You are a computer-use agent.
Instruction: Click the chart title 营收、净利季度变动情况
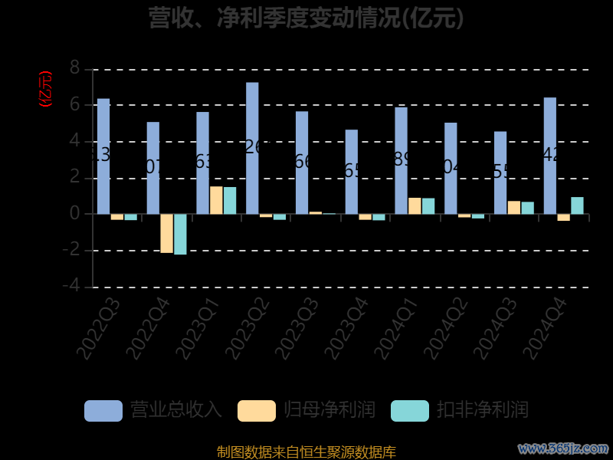click(x=306, y=17)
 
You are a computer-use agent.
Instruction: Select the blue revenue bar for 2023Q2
click(x=252, y=148)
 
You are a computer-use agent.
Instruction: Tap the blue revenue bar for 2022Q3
click(x=103, y=156)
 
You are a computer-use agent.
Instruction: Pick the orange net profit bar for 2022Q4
click(x=166, y=233)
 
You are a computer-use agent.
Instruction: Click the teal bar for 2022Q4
click(x=180, y=234)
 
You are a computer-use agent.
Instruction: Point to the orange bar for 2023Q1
click(x=216, y=200)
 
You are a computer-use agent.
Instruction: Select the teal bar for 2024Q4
click(x=577, y=205)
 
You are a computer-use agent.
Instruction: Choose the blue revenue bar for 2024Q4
click(x=550, y=156)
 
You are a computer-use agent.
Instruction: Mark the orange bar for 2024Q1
click(x=415, y=205)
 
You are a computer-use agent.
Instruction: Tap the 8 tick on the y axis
click(x=74, y=68)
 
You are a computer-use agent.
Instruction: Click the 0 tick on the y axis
click(x=74, y=214)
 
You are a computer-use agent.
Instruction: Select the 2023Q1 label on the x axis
click(x=196, y=329)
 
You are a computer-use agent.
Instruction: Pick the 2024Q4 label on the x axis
click(x=543, y=329)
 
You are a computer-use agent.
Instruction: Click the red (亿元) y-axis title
click(x=45, y=88)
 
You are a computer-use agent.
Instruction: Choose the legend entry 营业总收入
click(x=153, y=410)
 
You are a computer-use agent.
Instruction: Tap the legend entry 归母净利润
click(x=306, y=410)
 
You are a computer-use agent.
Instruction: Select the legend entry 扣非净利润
click(x=460, y=410)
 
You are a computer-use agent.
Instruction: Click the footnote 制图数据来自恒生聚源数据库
click(x=306, y=452)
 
